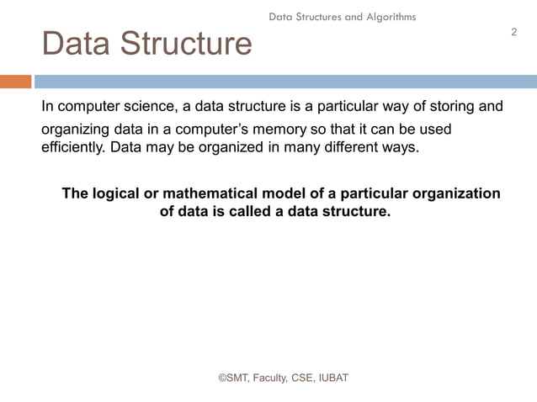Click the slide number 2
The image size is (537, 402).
(x=513, y=32)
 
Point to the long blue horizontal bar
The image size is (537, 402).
(x=284, y=82)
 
